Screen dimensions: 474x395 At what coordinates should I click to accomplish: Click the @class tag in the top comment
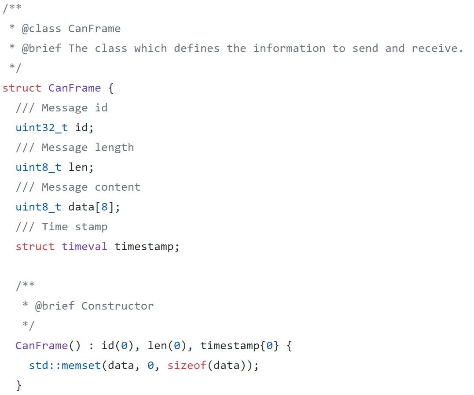(x=41, y=29)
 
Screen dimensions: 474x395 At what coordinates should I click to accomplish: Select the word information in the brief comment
(x=289, y=48)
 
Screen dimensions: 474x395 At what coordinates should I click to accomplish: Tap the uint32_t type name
(x=42, y=128)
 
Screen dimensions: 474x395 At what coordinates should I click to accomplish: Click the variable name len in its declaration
(x=79, y=167)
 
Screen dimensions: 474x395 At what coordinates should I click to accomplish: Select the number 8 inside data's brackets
(x=105, y=207)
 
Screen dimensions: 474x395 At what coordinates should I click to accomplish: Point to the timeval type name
(x=85, y=247)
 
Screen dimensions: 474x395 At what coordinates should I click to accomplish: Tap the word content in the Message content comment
(x=118, y=187)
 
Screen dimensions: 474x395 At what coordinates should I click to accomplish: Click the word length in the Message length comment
(x=114, y=148)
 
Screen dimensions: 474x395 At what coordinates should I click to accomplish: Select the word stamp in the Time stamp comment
(x=91, y=227)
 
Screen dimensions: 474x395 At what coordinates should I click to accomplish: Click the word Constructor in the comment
(x=118, y=306)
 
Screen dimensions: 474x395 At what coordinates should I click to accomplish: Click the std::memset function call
(x=65, y=365)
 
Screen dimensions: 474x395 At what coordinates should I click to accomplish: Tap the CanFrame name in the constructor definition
(x=41, y=346)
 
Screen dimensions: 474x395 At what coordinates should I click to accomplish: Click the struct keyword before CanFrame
(x=22, y=88)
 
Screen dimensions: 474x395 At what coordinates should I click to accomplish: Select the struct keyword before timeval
(x=35, y=247)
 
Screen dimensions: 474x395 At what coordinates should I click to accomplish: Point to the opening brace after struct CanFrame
(x=111, y=88)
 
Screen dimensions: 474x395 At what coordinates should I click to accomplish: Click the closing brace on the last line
(x=18, y=385)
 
